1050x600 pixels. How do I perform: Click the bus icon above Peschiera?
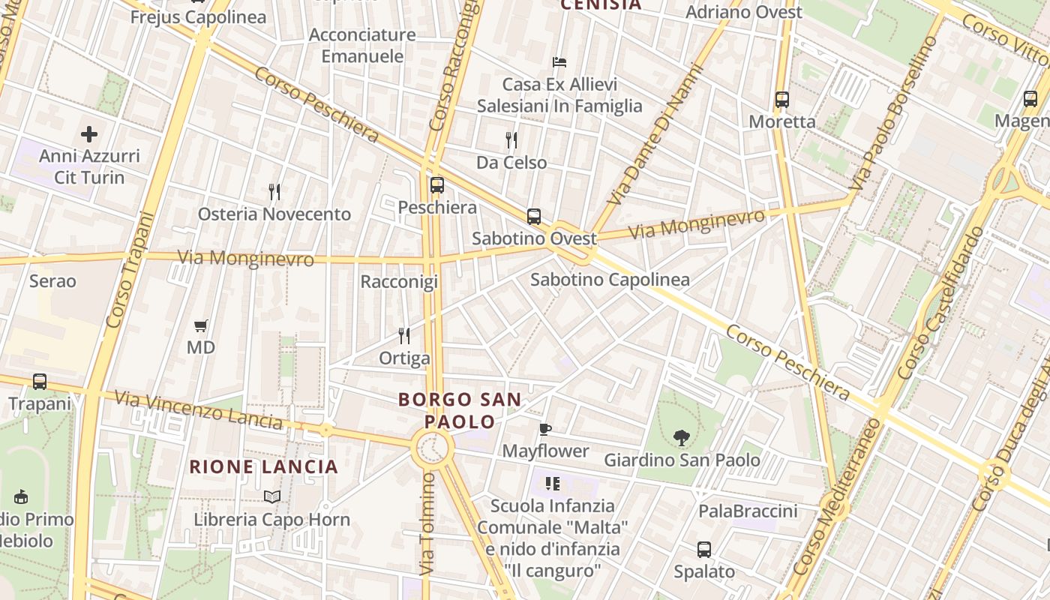(x=436, y=184)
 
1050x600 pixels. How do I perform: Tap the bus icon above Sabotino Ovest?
(x=534, y=217)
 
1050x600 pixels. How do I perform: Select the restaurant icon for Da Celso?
(x=511, y=140)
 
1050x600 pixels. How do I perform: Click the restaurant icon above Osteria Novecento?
(x=274, y=192)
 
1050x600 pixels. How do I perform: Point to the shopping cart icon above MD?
(x=200, y=325)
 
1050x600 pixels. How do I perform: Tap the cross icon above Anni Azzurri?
(x=89, y=134)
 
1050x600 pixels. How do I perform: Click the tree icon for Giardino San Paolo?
(x=682, y=437)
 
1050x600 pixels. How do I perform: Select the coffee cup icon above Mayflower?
(x=545, y=429)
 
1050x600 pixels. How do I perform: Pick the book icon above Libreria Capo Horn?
(x=271, y=496)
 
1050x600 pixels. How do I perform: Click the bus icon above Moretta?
(x=782, y=99)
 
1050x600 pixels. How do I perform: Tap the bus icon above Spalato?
(x=704, y=550)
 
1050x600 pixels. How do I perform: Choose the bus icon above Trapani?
(x=40, y=382)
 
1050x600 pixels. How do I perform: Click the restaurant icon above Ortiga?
(x=404, y=335)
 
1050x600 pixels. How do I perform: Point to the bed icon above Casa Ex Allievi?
(x=559, y=61)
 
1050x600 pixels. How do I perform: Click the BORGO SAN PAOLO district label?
(x=459, y=410)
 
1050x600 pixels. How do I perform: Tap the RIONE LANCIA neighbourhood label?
(x=264, y=467)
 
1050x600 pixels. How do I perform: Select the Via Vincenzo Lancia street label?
(x=199, y=409)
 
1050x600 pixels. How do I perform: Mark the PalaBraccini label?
(x=748, y=511)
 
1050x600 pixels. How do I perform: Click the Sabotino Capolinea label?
(x=610, y=280)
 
